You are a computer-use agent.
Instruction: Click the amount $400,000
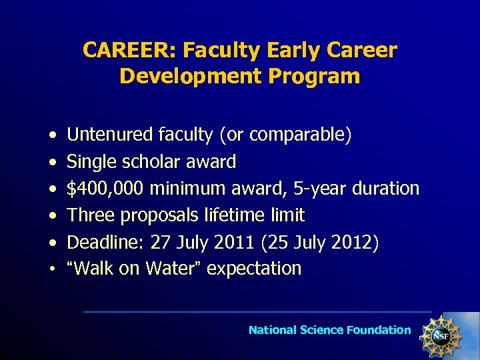click(x=106, y=189)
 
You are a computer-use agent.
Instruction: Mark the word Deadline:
click(x=101, y=242)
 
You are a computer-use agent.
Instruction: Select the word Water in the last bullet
click(x=169, y=269)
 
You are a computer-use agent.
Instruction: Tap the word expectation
click(x=254, y=269)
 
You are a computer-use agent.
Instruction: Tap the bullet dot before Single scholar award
click(x=51, y=163)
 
